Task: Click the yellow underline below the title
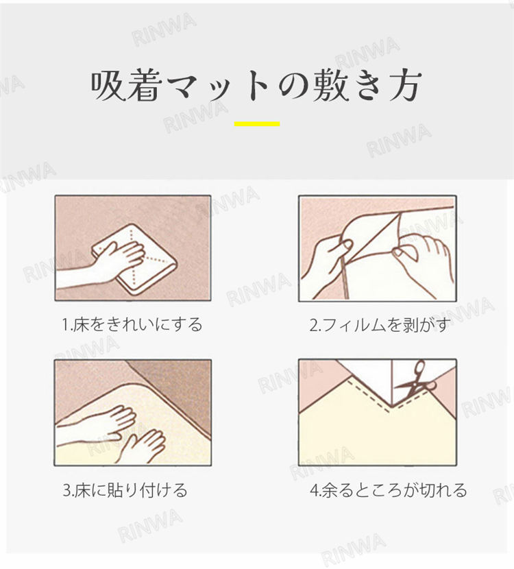point(257,124)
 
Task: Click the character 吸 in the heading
point(108,86)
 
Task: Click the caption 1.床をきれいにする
point(132,324)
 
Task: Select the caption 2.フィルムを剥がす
point(380,324)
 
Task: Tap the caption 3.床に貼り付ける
point(125,490)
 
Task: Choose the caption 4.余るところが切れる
point(388,490)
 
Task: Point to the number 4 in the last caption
point(313,491)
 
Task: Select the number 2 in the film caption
point(313,325)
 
